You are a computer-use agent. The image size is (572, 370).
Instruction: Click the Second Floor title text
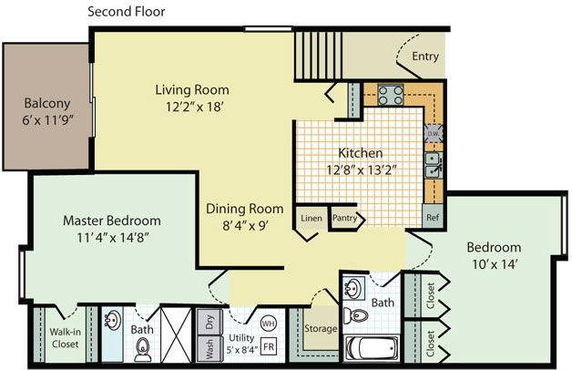126,12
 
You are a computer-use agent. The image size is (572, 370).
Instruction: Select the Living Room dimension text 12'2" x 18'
190,106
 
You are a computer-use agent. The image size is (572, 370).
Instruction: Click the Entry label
425,57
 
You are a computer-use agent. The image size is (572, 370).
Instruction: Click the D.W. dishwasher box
434,133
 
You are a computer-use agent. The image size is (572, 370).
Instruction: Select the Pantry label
344,219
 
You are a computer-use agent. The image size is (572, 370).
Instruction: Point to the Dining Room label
243,207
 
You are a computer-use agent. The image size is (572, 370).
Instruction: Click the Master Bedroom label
111,221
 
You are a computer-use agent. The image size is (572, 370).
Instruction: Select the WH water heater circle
268,324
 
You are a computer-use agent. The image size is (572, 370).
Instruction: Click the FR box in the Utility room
270,347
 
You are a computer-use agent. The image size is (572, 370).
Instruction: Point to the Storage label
322,328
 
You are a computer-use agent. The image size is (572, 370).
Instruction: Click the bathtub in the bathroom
372,348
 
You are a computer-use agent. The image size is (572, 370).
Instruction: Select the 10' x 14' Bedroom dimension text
495,264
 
